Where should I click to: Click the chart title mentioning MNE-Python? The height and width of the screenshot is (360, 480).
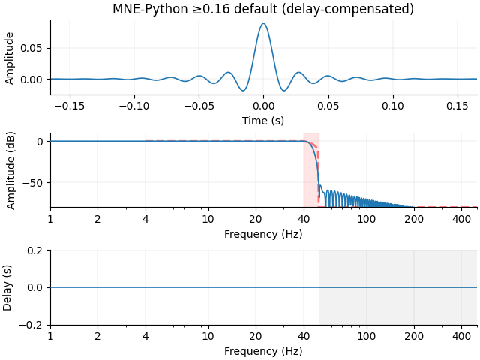[263, 9]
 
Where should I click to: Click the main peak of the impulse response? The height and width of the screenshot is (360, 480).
[263, 24]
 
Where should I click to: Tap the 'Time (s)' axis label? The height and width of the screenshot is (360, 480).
[263, 120]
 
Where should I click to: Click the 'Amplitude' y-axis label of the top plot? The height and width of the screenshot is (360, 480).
[10, 58]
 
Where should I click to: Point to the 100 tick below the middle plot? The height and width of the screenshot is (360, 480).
[366, 219]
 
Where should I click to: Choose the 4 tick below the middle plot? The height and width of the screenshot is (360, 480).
[145, 219]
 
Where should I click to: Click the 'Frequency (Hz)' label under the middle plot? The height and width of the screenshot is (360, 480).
[263, 233]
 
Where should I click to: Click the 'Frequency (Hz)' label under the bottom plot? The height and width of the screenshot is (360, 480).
[263, 351]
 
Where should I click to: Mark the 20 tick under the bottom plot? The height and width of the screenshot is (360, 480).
[256, 337]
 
